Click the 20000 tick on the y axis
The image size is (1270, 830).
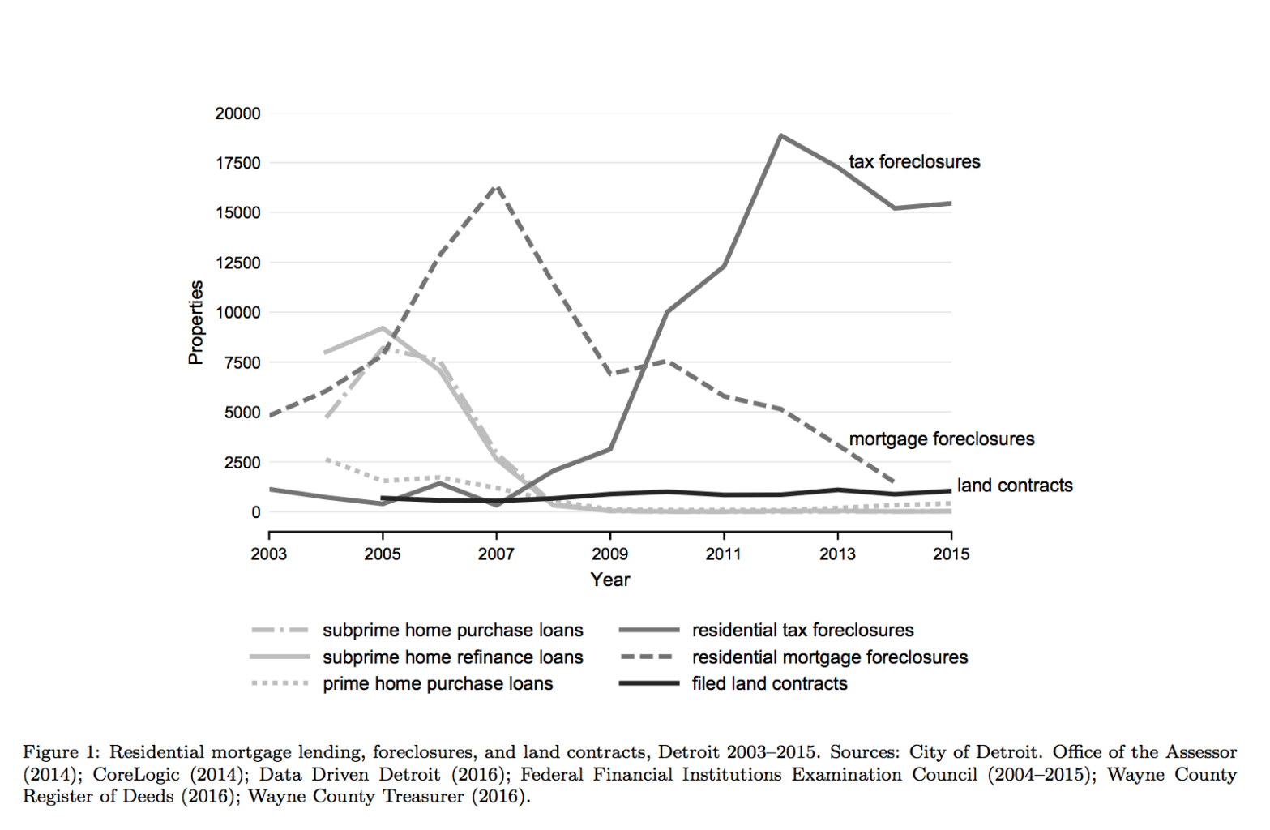click(x=237, y=113)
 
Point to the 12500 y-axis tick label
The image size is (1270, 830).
click(x=237, y=263)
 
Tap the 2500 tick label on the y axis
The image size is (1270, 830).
click(x=242, y=463)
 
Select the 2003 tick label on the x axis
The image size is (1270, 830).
click(x=269, y=554)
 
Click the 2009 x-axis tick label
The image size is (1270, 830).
click(x=609, y=554)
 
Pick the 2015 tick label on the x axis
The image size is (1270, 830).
click(x=951, y=554)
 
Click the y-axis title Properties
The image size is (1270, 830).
click(x=196, y=323)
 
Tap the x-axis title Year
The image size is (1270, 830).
click(x=609, y=580)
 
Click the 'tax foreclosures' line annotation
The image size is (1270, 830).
click(x=914, y=162)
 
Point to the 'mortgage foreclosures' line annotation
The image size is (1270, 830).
click(x=942, y=439)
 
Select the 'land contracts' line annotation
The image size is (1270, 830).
click(x=1015, y=486)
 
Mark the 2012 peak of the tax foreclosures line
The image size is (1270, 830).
click(x=780, y=135)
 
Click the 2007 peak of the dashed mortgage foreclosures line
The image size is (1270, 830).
click(x=496, y=186)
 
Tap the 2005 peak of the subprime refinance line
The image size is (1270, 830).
click(x=383, y=328)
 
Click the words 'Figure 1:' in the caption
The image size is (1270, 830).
click(x=61, y=752)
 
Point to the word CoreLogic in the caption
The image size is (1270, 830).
click(x=135, y=774)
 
